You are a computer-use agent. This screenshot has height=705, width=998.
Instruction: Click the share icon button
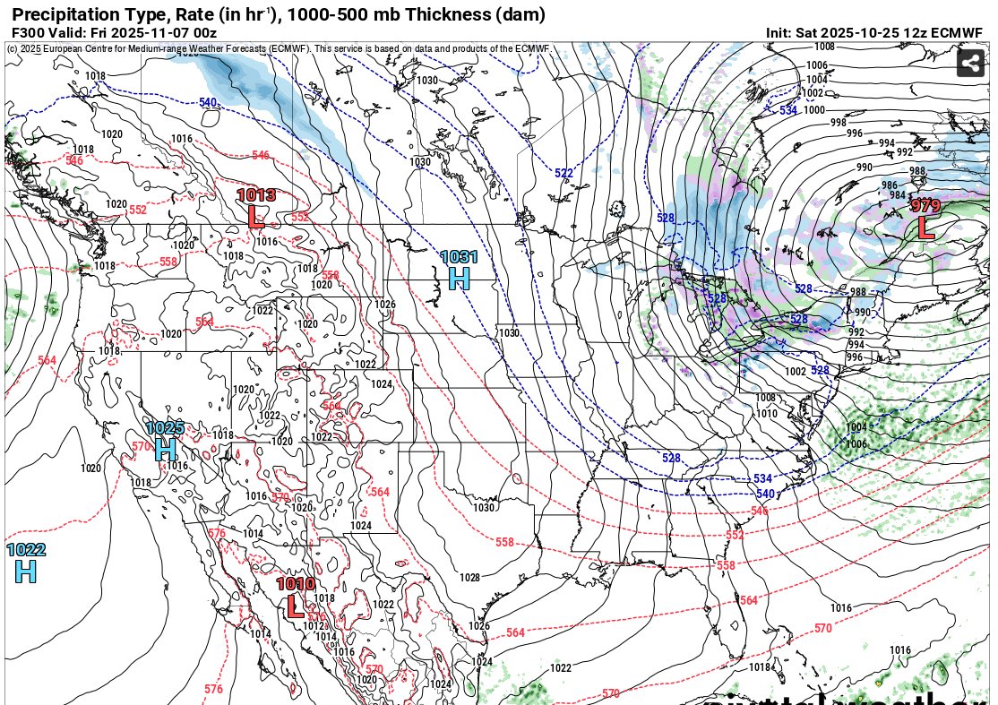pyautogui.click(x=970, y=64)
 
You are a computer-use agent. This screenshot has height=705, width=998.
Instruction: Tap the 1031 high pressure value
pyautogui.click(x=459, y=257)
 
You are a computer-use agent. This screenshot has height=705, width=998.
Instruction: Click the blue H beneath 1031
pyautogui.click(x=459, y=279)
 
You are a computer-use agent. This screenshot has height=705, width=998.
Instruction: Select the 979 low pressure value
pyautogui.click(x=925, y=206)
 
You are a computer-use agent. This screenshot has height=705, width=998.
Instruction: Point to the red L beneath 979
pyautogui.click(x=925, y=228)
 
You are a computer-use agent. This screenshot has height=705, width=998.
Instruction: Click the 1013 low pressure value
pyautogui.click(x=256, y=195)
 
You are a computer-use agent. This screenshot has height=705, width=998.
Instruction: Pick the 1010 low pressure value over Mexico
pyautogui.click(x=296, y=584)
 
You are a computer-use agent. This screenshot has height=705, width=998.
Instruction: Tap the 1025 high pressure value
pyautogui.click(x=165, y=428)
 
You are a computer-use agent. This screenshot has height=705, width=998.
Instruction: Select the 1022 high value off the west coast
pyautogui.click(x=26, y=550)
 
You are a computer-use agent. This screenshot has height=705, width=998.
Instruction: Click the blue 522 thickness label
pyautogui.click(x=564, y=173)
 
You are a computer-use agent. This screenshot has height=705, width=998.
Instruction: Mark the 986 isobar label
pyautogui.click(x=889, y=185)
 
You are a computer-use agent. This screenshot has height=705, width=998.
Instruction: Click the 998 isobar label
pyautogui.click(x=839, y=123)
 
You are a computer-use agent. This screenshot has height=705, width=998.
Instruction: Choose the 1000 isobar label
pyautogui.click(x=814, y=110)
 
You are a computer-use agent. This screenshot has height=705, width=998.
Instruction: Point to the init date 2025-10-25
pyautogui.click(x=863, y=32)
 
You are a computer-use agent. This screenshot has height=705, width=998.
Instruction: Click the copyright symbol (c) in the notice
pyautogui.click(x=12, y=48)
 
